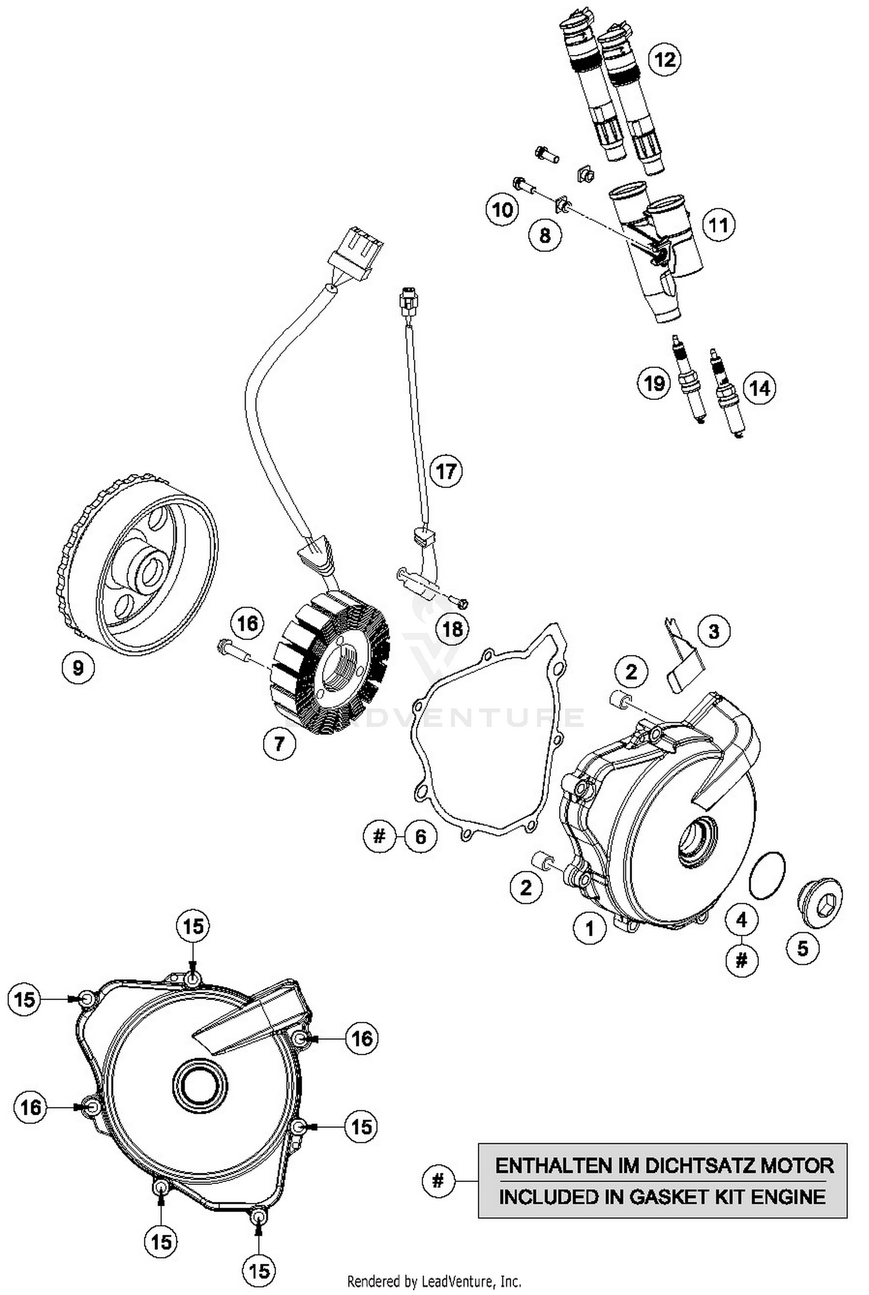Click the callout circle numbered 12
[x=664, y=60]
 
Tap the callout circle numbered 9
[x=78, y=668]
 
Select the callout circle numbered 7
[x=279, y=743]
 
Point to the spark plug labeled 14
[x=727, y=394]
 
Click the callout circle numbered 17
[x=446, y=471]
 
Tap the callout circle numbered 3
[x=714, y=631]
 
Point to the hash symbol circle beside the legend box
[x=438, y=1180]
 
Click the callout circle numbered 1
[x=590, y=928]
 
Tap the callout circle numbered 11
[x=718, y=225]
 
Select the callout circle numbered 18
[x=453, y=629]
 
